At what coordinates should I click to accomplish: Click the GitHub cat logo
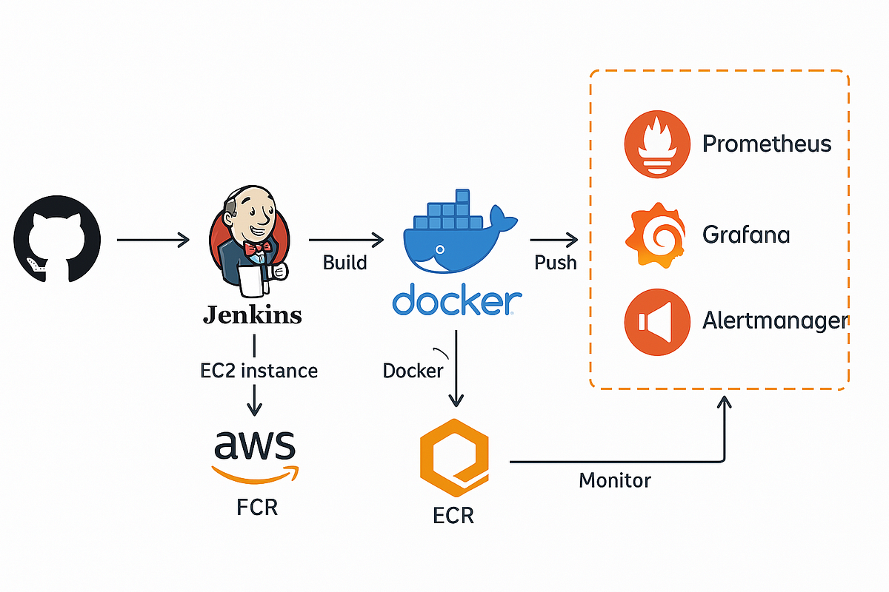(x=56, y=238)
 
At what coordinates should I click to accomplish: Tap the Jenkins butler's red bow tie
(x=254, y=249)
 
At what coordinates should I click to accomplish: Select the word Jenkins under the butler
(x=253, y=315)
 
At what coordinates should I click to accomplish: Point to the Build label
(x=344, y=263)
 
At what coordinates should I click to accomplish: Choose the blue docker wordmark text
(x=456, y=302)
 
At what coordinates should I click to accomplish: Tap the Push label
(x=556, y=263)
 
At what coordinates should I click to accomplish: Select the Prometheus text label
(x=767, y=143)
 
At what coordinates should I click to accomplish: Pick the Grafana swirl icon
(x=654, y=235)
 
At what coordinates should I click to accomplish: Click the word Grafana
(x=745, y=235)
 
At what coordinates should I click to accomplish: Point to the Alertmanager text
(x=774, y=321)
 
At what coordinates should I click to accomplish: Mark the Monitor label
(x=615, y=480)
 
